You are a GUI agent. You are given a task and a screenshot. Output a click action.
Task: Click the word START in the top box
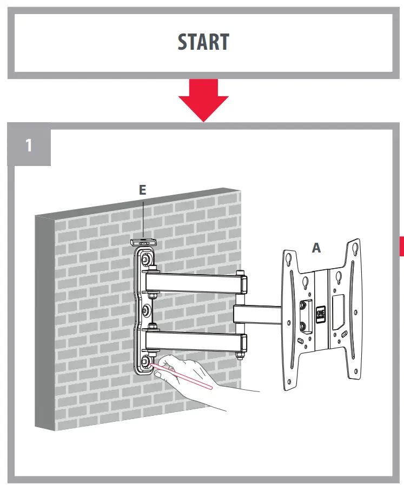pos(203,42)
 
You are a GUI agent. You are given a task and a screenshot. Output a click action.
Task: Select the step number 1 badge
pos(29,145)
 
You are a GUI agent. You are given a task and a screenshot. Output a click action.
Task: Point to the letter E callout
pos(143,189)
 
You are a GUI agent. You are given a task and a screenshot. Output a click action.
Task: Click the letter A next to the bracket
pos(316,248)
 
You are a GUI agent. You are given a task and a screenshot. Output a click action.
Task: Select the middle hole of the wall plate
pos(146,310)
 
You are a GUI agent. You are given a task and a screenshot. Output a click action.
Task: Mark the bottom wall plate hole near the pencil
pos(146,362)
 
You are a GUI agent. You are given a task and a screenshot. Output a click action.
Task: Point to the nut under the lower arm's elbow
pos(239,355)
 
